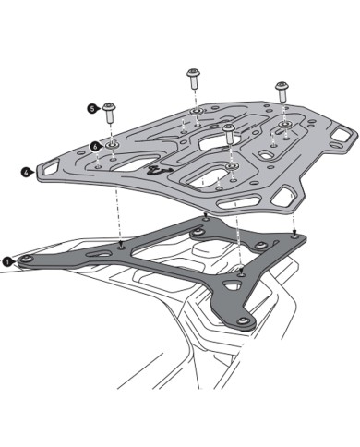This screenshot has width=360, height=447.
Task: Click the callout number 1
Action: (7, 261)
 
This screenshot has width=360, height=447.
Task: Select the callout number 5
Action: (92, 108)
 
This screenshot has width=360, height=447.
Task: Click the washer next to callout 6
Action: (112, 145)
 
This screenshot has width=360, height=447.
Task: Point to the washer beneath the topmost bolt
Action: (196, 113)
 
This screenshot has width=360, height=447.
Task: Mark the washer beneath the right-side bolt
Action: (284, 125)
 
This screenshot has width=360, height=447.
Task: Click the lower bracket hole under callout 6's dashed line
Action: (122, 245)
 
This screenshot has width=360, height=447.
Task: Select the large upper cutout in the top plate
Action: (210, 141)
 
